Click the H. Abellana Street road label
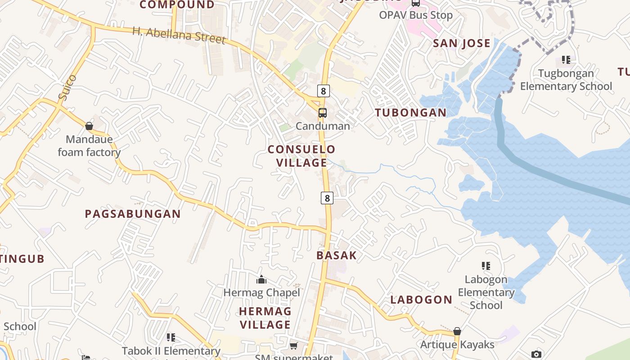[x=179, y=35]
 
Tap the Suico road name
[x=67, y=87]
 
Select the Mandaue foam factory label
[x=89, y=146]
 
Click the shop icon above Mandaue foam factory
[x=89, y=126]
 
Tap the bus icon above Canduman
[x=323, y=113]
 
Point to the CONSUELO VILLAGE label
[x=301, y=156]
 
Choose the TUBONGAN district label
[x=411, y=112]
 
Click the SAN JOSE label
[x=461, y=43]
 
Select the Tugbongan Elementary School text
[x=566, y=80]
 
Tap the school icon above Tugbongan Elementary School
[x=566, y=60]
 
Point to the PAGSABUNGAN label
[x=133, y=214]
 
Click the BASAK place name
[x=336, y=255]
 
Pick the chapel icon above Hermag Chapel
[x=261, y=280]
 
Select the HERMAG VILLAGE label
[x=265, y=318]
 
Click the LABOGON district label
[x=421, y=299]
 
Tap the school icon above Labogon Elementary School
[x=486, y=266]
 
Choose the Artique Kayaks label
[x=457, y=345]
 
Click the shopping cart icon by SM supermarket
[x=294, y=346]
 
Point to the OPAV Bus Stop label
[x=416, y=15]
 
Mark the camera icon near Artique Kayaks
[x=536, y=354]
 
